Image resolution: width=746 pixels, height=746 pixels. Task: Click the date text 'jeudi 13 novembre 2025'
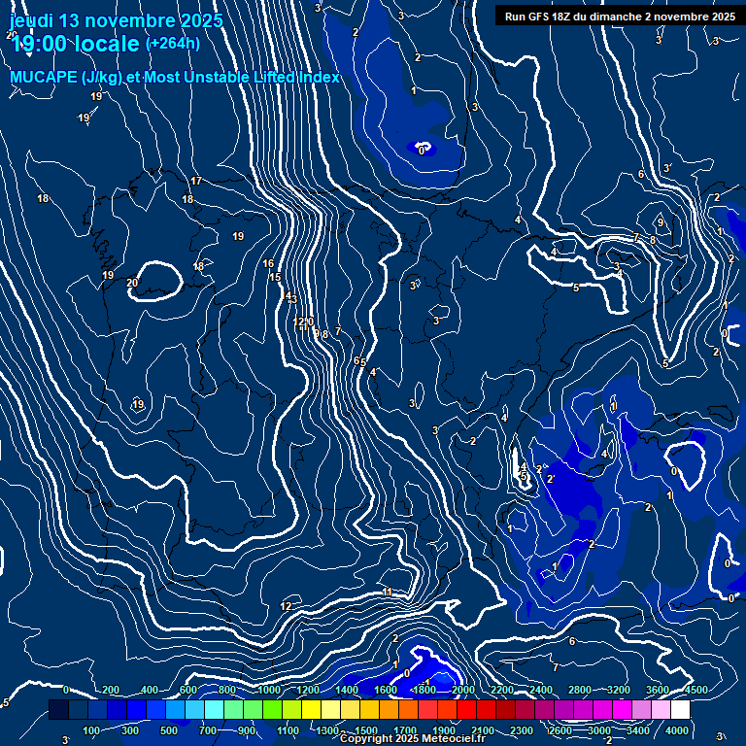pyautogui.click(x=116, y=20)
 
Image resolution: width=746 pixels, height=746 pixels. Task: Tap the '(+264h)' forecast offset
pyautogui.click(x=173, y=43)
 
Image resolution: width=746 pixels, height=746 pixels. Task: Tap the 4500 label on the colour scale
pyautogui.click(x=695, y=690)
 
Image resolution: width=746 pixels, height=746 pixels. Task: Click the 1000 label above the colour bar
pyautogui.click(x=268, y=690)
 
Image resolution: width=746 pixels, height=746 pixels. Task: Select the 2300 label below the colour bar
pyautogui.click(x=521, y=730)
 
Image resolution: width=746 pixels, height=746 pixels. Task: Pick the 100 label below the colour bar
pyautogui.click(x=91, y=730)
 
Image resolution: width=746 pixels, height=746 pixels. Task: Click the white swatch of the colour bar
pyautogui.click(x=679, y=710)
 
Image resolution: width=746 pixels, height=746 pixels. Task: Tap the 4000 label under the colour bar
pyautogui.click(x=677, y=730)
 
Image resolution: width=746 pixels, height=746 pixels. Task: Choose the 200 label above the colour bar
pyautogui.click(x=111, y=690)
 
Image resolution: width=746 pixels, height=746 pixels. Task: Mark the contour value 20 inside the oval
pyautogui.click(x=132, y=284)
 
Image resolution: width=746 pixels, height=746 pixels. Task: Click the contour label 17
pyautogui.click(x=196, y=182)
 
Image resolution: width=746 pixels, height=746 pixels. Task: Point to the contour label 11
pyautogui.click(x=387, y=593)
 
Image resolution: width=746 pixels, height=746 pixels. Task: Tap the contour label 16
pyautogui.click(x=268, y=264)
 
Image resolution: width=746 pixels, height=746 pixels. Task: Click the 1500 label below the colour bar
pyautogui.click(x=365, y=730)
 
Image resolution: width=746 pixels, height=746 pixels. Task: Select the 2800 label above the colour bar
pyautogui.click(x=580, y=690)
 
